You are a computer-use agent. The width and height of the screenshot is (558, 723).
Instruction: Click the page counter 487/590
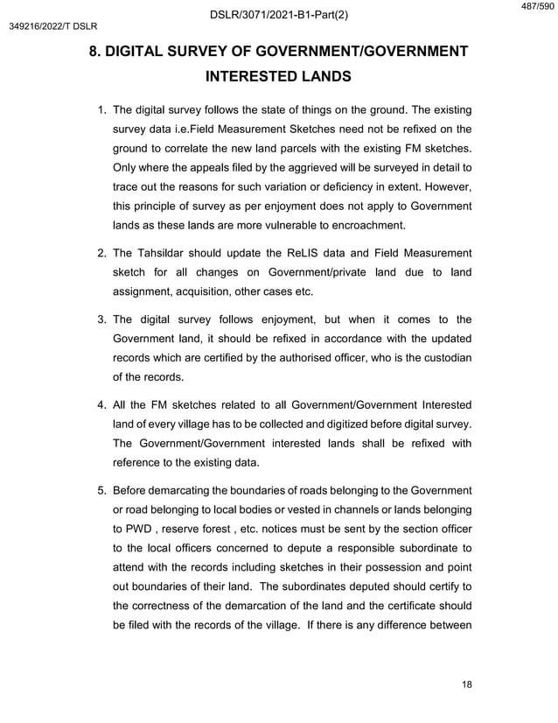click(x=537, y=7)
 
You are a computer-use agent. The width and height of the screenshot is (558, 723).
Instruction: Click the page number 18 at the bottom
click(x=466, y=684)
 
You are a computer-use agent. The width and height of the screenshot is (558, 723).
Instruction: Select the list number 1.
click(x=101, y=110)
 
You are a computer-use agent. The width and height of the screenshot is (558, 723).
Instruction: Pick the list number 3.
click(x=101, y=319)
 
